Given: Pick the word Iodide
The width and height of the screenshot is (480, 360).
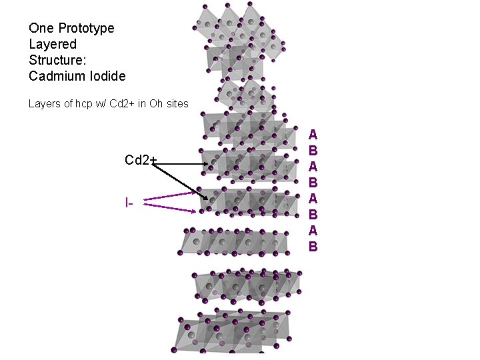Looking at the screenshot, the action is tap(107, 76).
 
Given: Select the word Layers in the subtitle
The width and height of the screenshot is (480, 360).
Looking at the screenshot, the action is tap(43, 103).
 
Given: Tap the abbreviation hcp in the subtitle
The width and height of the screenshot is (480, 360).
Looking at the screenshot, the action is tap(77, 103).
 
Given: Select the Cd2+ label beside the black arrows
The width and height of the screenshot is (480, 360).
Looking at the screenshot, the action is tap(140, 160).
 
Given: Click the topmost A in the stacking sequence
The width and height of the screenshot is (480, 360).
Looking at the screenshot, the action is tap(313, 135).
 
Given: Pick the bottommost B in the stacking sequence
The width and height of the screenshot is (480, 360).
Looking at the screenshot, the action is tap(313, 247).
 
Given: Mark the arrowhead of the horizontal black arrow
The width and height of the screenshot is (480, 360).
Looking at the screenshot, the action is tap(205, 164).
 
